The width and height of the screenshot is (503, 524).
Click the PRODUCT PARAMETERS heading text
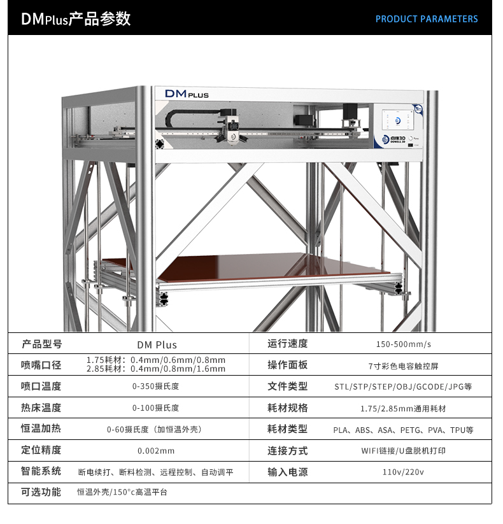point(427,19)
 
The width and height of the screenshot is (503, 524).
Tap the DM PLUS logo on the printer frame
point(187,94)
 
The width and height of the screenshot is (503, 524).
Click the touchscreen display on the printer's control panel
point(398,120)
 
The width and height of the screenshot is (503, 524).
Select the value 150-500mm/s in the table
point(404,344)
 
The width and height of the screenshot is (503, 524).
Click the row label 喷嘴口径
point(41,365)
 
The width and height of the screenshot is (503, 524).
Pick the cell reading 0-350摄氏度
point(156,386)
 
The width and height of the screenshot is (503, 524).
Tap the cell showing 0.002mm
point(156,451)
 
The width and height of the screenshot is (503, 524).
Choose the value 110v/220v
point(403,472)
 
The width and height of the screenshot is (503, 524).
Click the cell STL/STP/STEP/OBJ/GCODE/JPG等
point(403,386)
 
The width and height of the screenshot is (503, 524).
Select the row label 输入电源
point(287,472)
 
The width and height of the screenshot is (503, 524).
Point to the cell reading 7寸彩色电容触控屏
point(403,366)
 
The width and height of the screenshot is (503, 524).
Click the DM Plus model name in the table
point(157,345)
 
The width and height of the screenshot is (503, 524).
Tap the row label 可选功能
point(41,492)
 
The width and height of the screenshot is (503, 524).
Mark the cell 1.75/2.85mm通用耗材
point(403,408)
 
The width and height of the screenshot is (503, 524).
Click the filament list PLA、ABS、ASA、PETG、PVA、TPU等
point(403,430)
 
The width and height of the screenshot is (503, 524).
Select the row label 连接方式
point(287,451)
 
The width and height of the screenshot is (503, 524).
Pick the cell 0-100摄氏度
point(156,408)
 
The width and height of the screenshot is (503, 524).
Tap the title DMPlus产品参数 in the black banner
point(76,18)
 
